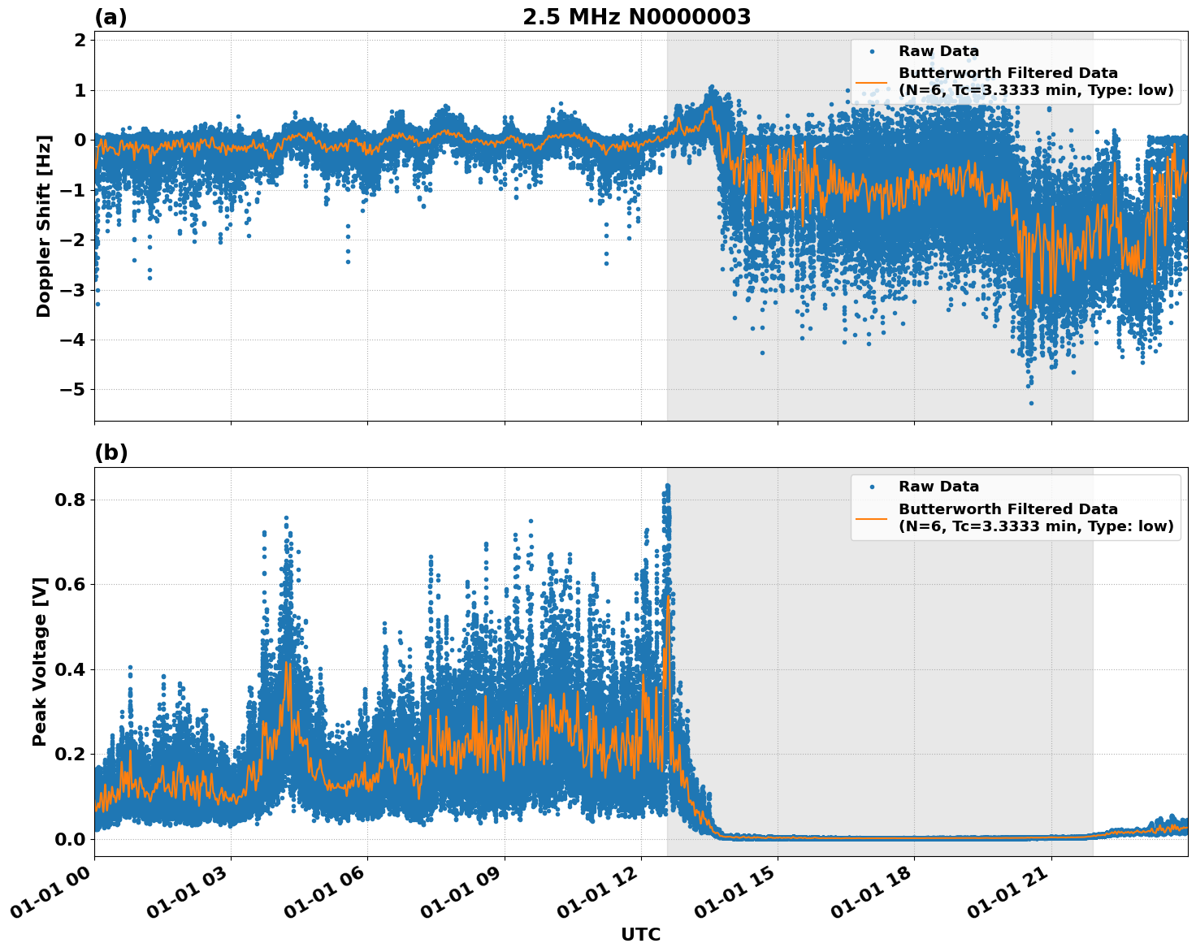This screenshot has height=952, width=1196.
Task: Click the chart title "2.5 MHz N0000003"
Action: (x=636, y=17)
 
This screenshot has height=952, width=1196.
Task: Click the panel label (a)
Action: (x=110, y=17)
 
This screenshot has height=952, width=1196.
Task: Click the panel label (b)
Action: (x=110, y=452)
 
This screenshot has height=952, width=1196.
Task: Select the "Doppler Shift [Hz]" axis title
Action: (x=44, y=226)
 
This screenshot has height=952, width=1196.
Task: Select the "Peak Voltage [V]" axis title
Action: (x=40, y=661)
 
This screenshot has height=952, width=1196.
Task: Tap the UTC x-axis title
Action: (x=640, y=934)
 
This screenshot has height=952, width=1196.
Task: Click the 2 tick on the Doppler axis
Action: (x=80, y=41)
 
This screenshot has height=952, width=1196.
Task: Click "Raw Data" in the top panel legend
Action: (x=938, y=52)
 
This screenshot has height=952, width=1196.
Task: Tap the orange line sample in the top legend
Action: (x=871, y=82)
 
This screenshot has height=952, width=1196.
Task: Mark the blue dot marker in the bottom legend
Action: (x=871, y=487)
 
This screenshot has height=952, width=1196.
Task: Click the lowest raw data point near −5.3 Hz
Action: (x=1031, y=403)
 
